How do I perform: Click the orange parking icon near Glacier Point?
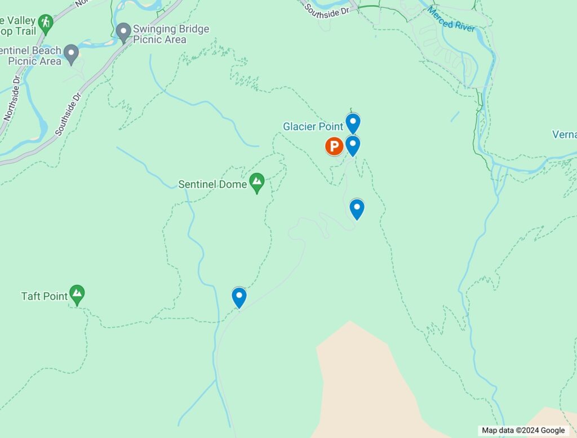coord(334,147)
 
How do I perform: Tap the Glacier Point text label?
coord(313,127)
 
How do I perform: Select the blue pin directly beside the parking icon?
coord(353,145)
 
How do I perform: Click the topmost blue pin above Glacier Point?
coord(353,123)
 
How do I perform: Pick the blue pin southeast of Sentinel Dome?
coord(357,209)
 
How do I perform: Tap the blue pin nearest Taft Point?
coord(239,297)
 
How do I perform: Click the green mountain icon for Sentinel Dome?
coord(258,182)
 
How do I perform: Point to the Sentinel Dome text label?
coord(212,184)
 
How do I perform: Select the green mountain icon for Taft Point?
coord(77,294)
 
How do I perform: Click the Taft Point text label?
coord(45,296)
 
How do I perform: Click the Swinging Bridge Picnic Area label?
coord(170,34)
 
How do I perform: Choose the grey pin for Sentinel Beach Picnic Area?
coord(71,54)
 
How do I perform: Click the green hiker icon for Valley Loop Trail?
coord(46,23)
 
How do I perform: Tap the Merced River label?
coord(451,19)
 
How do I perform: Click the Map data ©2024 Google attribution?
coord(523,431)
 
